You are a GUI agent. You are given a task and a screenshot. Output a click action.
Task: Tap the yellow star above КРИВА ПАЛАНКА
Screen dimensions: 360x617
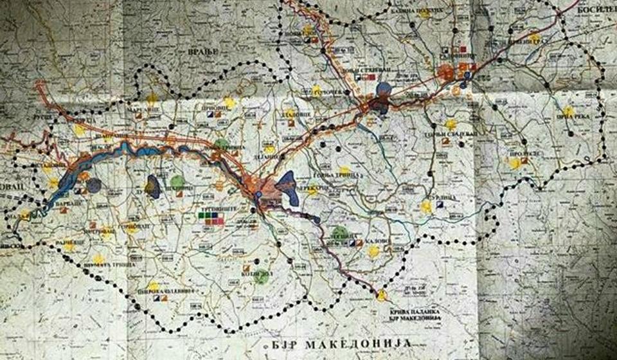pyautogui.click(x=382, y=295)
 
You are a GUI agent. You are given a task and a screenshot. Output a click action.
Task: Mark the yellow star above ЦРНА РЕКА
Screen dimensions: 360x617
pyautogui.click(x=568, y=112)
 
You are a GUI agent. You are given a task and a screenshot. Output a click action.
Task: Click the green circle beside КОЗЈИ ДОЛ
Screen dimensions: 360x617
pyautogui.click(x=260, y=277)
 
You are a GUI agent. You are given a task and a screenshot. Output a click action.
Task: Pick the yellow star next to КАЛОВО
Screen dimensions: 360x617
pyautogui.click(x=373, y=251)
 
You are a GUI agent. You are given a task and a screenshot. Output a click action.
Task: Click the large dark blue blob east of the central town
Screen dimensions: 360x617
pyautogui.click(x=288, y=187)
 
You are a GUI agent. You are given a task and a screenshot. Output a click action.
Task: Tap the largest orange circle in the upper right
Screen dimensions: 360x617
pyautogui.click(x=446, y=72)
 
